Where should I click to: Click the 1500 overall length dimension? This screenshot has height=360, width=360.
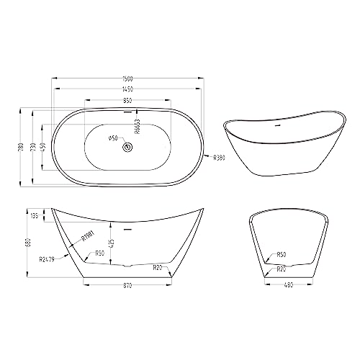127,79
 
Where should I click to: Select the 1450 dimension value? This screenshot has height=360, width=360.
127,90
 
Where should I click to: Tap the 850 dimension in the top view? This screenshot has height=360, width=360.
127,102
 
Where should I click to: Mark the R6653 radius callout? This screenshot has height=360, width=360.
137,127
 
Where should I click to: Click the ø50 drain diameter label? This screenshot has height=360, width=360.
112,138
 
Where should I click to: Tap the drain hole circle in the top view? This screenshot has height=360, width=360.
127,147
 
